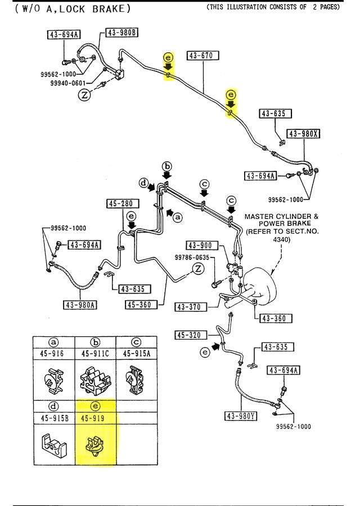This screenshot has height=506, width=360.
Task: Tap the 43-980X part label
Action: point(304,134)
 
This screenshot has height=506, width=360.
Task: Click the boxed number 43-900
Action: point(200,245)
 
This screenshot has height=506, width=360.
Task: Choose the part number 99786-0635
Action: point(191,257)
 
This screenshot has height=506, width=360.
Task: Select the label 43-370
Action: point(190,306)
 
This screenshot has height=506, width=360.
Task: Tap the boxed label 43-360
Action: point(273,319)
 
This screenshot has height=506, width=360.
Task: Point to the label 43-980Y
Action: point(241,416)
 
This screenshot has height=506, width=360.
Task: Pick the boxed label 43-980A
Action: point(80,305)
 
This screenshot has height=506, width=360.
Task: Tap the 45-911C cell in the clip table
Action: point(95,354)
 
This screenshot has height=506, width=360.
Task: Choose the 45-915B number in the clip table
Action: point(53,418)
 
